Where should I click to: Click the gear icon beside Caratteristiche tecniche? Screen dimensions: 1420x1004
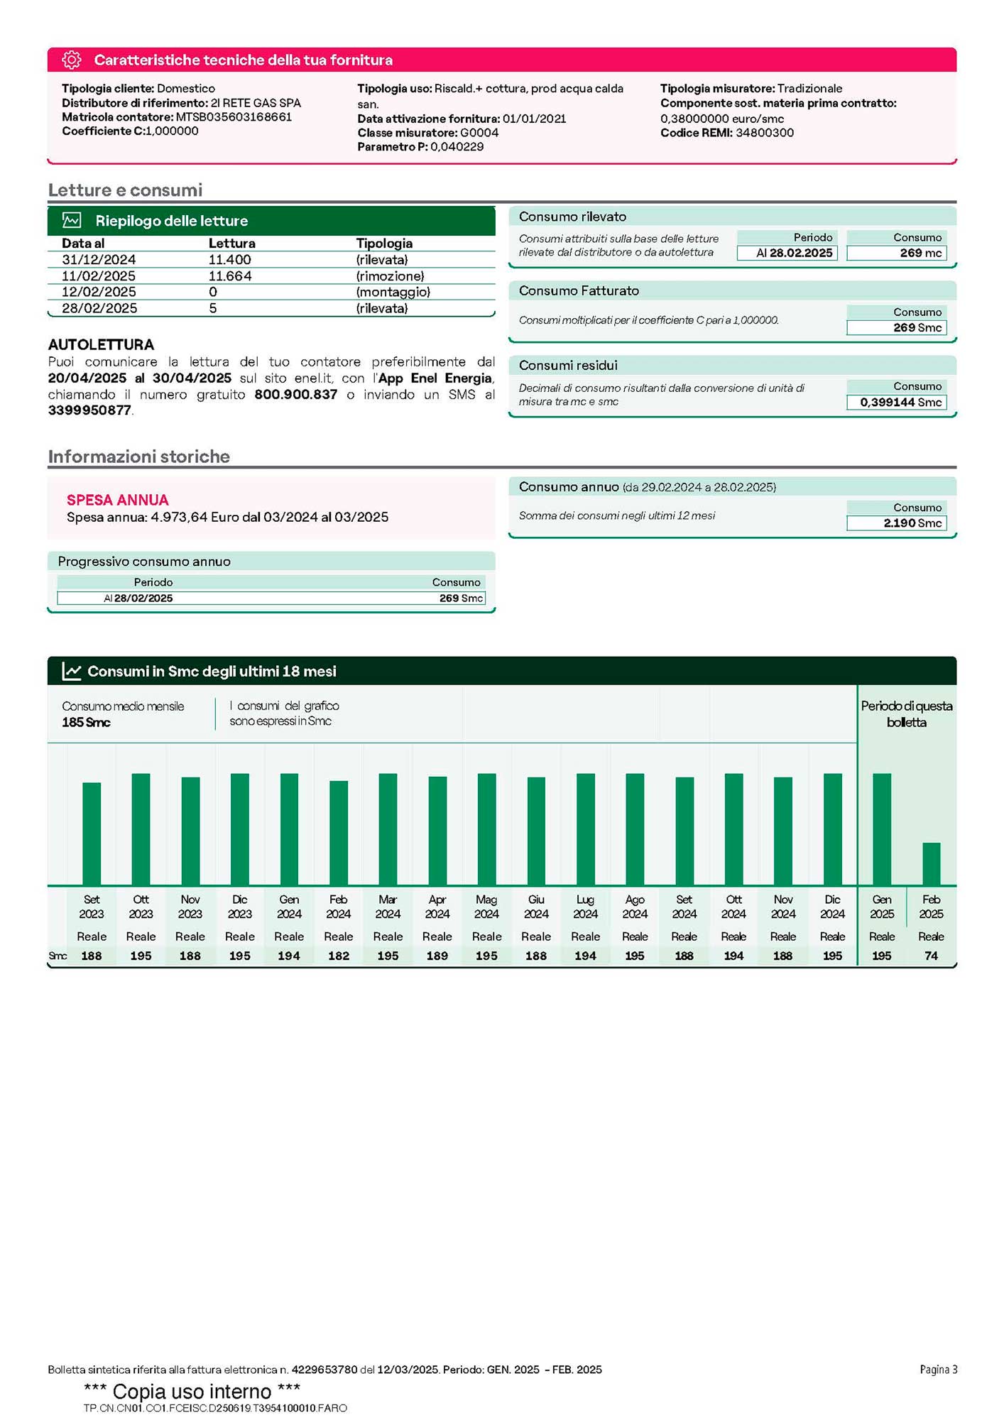pos(72,60)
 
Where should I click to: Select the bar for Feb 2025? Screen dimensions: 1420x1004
pos(931,863)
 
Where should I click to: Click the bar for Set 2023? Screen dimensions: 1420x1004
pos(92,834)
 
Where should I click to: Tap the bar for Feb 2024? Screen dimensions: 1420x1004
pos(339,833)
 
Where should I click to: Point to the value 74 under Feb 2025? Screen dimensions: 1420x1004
pos(931,956)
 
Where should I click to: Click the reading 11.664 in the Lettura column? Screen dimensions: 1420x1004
pos(230,275)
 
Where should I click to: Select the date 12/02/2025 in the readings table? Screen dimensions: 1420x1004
pos(99,292)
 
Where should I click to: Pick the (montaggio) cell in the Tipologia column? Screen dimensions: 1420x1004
pos(393,292)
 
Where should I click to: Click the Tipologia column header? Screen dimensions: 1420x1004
pos(384,243)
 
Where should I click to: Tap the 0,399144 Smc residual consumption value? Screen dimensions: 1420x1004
pos(896,403)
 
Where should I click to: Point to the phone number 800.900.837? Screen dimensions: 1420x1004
pos(295,394)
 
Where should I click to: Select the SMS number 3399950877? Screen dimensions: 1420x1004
pos(89,410)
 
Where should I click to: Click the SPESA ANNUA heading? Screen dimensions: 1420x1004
pos(117,500)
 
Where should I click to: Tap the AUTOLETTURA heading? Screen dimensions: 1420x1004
pos(101,344)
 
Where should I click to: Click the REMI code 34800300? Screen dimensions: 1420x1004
pos(764,133)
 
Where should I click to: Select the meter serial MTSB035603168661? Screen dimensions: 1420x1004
pos(234,117)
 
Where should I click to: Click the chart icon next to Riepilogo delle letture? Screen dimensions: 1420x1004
pos(72,220)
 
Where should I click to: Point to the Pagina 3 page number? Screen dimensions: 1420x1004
pos(938,1370)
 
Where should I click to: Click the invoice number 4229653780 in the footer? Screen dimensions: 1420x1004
pos(324,1370)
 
